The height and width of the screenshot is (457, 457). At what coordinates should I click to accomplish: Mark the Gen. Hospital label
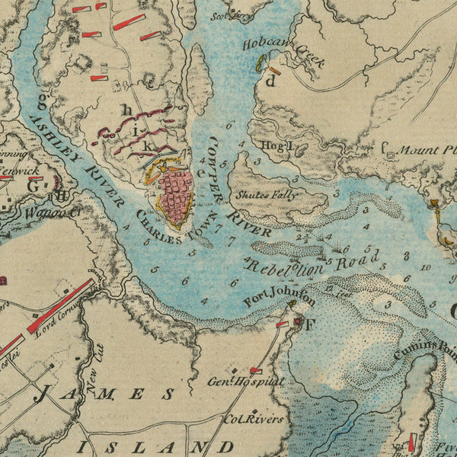pyautogui.click(x=246, y=381)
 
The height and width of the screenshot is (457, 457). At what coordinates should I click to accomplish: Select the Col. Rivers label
pyautogui.click(x=253, y=418)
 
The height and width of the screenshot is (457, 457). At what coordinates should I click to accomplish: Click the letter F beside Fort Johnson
pyautogui.click(x=310, y=323)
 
